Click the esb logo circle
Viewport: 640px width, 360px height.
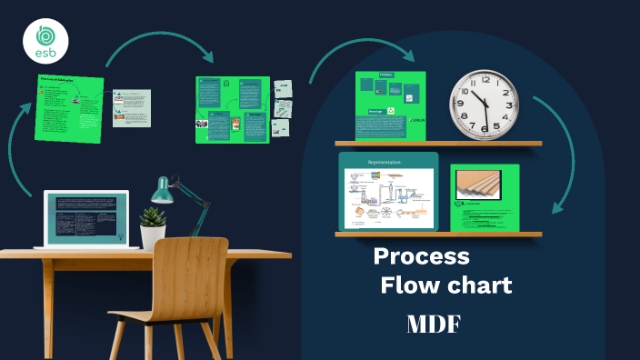point(43,41)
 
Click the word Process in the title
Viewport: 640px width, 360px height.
point(422,256)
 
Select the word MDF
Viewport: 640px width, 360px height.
point(434,324)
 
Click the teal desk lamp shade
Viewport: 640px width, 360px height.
point(163,191)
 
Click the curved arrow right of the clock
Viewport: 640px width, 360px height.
point(560,136)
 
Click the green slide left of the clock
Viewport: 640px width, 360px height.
point(391,105)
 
